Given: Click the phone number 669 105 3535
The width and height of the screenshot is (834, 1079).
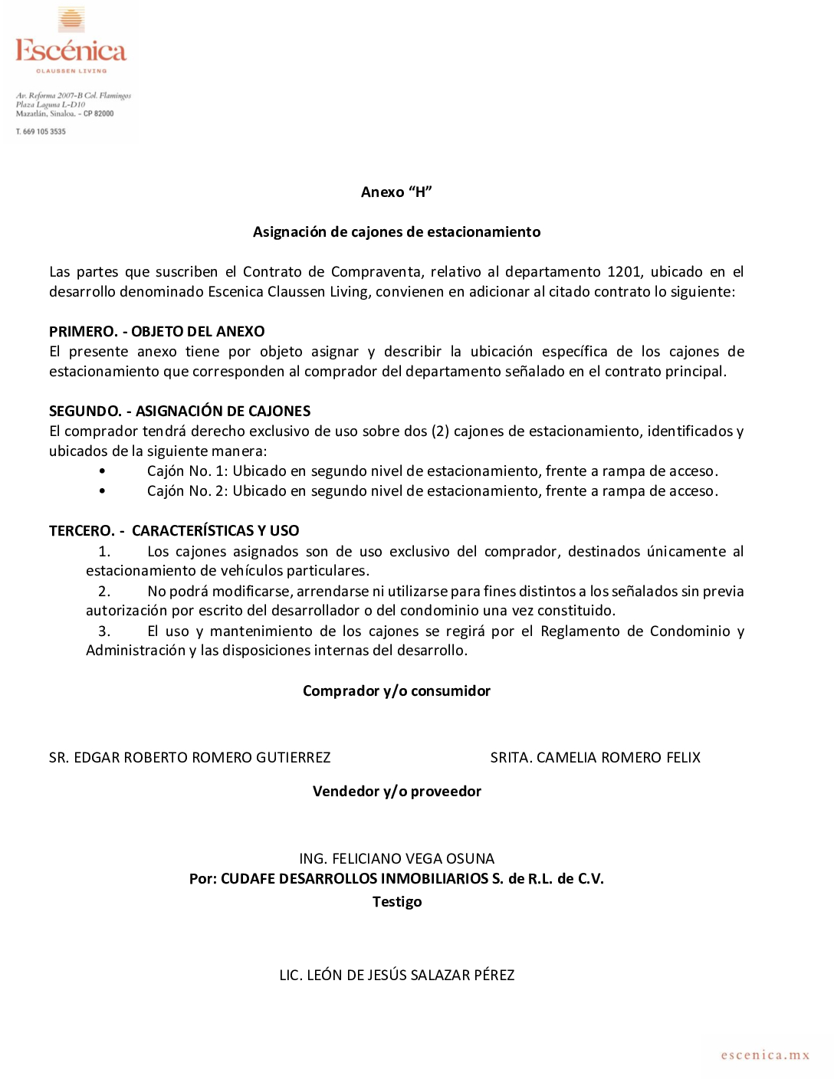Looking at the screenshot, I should [x=44, y=132].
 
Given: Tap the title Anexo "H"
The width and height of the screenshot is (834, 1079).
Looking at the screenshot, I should [x=396, y=192].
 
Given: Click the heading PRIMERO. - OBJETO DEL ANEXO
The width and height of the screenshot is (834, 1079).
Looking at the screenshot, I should [x=156, y=332].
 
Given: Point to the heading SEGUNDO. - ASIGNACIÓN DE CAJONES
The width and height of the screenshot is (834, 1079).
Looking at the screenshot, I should [x=179, y=412].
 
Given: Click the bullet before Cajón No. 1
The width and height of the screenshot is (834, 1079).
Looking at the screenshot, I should [x=102, y=471].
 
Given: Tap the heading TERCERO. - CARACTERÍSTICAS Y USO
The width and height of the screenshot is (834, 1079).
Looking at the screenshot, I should [x=174, y=531].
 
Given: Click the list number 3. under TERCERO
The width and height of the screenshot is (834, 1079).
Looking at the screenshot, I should [x=104, y=631].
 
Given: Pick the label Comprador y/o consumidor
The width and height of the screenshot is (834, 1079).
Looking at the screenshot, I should [x=396, y=691].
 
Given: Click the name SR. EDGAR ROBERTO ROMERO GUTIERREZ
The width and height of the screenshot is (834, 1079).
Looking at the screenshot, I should [x=189, y=758].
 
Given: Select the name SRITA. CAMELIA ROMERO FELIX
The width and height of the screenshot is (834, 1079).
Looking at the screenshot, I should [x=595, y=758].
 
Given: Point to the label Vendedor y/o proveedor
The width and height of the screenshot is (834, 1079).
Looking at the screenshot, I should [x=396, y=792].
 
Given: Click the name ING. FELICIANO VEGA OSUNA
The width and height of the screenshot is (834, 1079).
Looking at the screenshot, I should [x=396, y=859].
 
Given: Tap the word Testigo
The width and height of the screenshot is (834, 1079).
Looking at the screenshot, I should [x=396, y=902].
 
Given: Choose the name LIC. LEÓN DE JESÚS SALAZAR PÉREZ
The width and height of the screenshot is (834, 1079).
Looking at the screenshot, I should [x=396, y=976].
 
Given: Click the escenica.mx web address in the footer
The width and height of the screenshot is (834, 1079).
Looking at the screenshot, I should [x=765, y=1055].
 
